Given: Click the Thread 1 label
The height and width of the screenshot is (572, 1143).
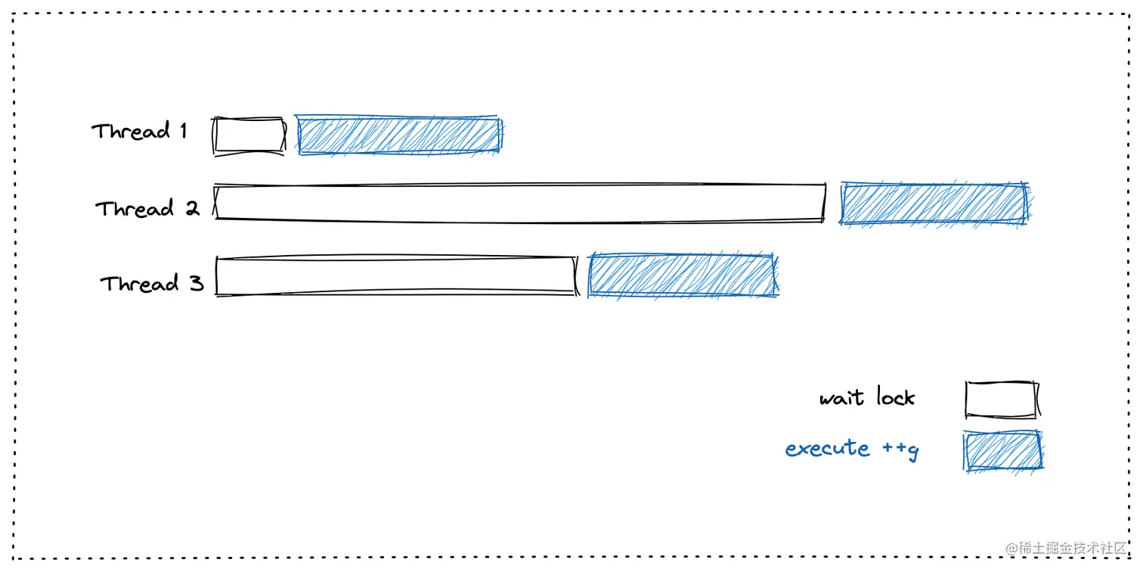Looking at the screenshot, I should (139, 132).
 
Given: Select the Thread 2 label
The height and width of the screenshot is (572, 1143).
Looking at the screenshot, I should (147, 208).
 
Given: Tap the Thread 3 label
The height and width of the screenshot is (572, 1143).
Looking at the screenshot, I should (152, 284).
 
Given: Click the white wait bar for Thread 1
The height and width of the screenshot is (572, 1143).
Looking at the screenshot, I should (249, 136).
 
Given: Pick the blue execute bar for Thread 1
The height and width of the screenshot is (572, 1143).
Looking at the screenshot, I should (399, 136).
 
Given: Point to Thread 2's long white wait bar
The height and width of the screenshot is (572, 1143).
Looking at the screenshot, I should (519, 203).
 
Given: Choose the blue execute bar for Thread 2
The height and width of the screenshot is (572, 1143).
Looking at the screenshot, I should (933, 204).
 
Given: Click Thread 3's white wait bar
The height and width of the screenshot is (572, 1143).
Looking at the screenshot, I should (395, 275).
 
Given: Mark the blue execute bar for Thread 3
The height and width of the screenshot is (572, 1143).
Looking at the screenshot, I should (682, 275).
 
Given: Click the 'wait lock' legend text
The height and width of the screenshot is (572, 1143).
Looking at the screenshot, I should (867, 397).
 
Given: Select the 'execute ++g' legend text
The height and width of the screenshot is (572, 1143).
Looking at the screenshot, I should (852, 449).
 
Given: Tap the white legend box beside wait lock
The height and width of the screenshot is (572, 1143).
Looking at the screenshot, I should (1001, 399).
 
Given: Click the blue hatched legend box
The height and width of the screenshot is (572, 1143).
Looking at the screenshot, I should (1002, 451).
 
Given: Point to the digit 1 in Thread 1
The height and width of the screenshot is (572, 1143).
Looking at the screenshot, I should (183, 131).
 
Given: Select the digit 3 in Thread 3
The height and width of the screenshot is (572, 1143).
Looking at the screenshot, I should (196, 284).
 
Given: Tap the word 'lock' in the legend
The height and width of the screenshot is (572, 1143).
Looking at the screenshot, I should (895, 396).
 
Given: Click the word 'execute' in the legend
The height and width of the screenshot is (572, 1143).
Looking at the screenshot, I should (827, 449).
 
